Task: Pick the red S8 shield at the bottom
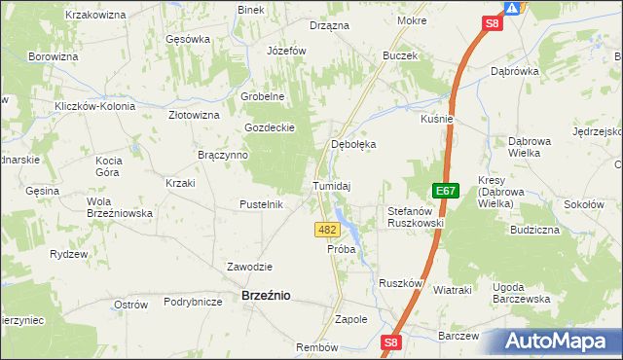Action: tap(391, 342)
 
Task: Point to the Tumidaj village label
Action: tap(331, 186)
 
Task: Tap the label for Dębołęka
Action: tap(353, 144)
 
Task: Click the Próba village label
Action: tap(342, 249)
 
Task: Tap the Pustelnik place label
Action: tap(261, 204)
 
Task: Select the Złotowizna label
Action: tap(194, 115)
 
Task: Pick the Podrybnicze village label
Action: tap(194, 302)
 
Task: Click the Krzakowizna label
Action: tap(96, 16)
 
